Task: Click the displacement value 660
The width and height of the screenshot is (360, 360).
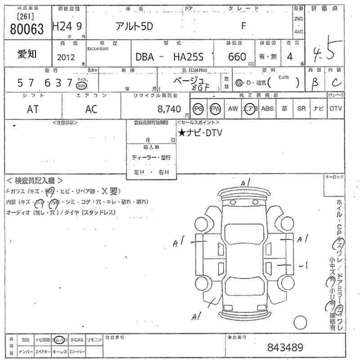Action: tap(237, 57)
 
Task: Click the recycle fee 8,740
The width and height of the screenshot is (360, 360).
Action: tap(169, 109)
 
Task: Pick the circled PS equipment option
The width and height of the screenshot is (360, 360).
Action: tap(198, 109)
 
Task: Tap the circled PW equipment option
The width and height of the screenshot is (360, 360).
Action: tap(216, 109)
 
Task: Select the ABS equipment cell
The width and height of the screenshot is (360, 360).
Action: tap(267, 109)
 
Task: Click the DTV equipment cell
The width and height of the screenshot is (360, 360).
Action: tap(335, 109)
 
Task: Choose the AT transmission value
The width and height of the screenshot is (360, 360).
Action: tap(33, 109)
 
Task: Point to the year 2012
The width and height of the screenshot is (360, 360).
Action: tap(67, 57)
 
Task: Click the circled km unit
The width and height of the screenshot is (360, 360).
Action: tap(81, 85)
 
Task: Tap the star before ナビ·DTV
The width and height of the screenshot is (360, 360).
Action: tap(181, 132)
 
